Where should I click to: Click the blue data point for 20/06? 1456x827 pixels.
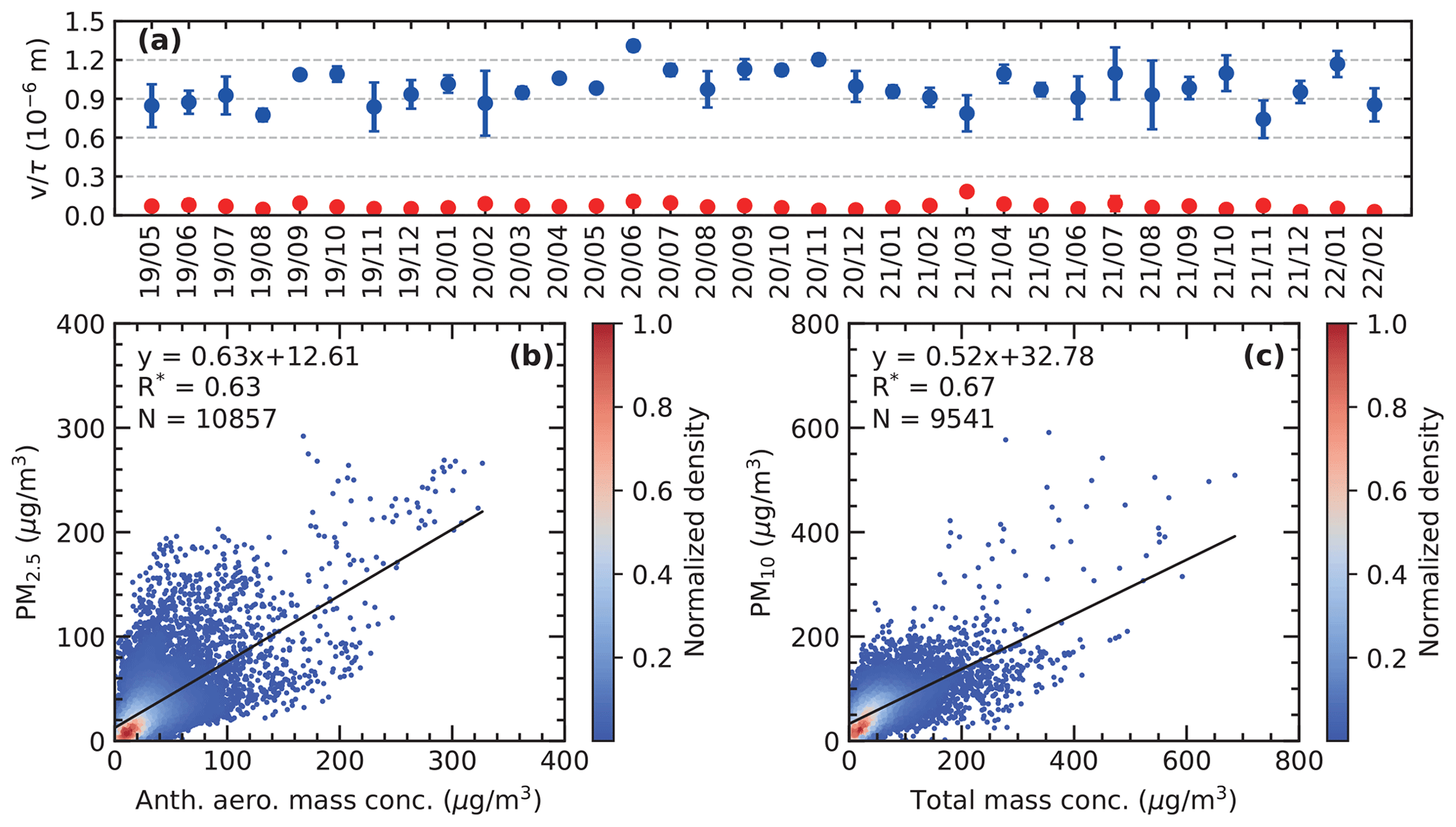tap(633, 46)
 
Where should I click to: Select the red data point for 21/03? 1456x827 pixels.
tap(967, 191)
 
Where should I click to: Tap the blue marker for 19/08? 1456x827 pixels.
tap(263, 115)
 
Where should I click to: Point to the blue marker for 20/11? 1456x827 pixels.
tap(819, 60)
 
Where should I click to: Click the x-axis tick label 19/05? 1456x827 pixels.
tap(151, 262)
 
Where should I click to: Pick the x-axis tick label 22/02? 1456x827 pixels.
tap(1374, 262)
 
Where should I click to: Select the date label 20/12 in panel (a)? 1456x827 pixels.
tap(856, 262)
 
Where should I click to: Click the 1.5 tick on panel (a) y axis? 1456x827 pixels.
tap(85, 22)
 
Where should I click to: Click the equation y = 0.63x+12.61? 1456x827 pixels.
tap(248, 357)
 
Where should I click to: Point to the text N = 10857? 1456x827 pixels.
tap(207, 419)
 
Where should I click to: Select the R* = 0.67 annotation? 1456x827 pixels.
tap(933, 387)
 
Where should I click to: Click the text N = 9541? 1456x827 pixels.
tap(933, 419)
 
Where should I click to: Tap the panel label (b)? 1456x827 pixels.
tap(531, 357)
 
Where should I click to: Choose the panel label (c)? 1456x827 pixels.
tap(1264, 357)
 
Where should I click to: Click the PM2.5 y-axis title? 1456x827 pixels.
tap(28, 532)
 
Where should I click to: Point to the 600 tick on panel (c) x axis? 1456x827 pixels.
tap(1187, 762)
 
